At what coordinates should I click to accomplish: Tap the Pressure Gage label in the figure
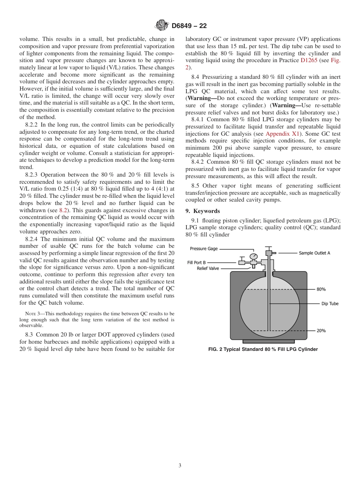pyautogui.click(x=203, y=249)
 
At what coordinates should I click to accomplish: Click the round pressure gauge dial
pyautogui.click(x=254, y=257)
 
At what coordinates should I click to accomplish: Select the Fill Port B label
pyautogui.click(x=196, y=262)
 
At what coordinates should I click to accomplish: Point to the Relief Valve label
pyautogui.click(x=208, y=268)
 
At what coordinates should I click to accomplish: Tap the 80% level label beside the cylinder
pyautogui.click(x=321, y=289)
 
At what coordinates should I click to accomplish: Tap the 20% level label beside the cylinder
pyautogui.click(x=321, y=330)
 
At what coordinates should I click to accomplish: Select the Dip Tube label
pyautogui.click(x=330, y=304)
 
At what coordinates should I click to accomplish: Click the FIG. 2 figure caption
pyautogui.click(x=263, y=349)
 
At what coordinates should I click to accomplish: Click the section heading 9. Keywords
pyautogui.click(x=202, y=211)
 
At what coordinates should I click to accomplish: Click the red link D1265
pyautogui.click(x=309, y=60)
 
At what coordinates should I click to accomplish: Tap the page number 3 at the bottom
pyautogui.click(x=180, y=466)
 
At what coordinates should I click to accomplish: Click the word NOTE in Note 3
pyautogui.click(x=30, y=314)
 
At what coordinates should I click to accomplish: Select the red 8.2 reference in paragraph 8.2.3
pyautogui.click(x=64, y=210)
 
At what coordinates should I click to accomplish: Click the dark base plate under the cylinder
pyautogui.click(x=269, y=342)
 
